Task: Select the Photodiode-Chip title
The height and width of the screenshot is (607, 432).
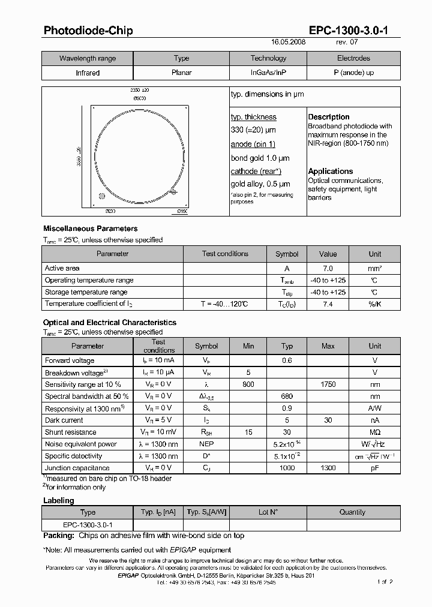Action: pyautogui.click(x=88, y=31)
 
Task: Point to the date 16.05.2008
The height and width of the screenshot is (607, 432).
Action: pyautogui.click(x=289, y=43)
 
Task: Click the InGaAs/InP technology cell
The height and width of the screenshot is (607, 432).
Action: pyautogui.click(x=268, y=73)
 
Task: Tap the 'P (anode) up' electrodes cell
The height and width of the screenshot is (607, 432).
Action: pyautogui.click(x=353, y=73)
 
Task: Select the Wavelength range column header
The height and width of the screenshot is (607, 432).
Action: pyautogui.click(x=88, y=58)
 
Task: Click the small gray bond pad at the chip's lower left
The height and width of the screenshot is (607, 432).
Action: pyautogui.click(x=102, y=196)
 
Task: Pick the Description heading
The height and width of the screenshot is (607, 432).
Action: pyautogui.click(x=329, y=117)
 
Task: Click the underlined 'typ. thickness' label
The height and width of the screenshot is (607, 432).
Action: pyautogui.click(x=253, y=117)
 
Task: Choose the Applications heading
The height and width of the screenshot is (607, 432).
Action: pyautogui.click(x=331, y=172)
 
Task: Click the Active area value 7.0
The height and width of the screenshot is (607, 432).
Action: pyautogui.click(x=328, y=269)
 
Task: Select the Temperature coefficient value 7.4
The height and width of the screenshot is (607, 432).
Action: pyautogui.click(x=328, y=305)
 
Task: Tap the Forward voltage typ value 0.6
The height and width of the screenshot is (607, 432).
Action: pyautogui.click(x=287, y=360)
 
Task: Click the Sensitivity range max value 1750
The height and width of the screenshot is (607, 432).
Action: pyautogui.click(x=328, y=384)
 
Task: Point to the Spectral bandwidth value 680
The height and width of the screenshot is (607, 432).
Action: pyautogui.click(x=287, y=396)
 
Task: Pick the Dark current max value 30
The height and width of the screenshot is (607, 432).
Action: pyautogui.click(x=328, y=420)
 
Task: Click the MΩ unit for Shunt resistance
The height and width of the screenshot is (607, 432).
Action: pyautogui.click(x=374, y=432)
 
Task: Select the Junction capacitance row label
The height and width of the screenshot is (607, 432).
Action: pyautogui.click(x=77, y=468)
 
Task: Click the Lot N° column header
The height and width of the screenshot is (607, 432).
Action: pyautogui.click(x=268, y=512)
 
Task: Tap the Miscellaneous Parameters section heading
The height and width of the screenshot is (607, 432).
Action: pyautogui.click(x=91, y=229)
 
